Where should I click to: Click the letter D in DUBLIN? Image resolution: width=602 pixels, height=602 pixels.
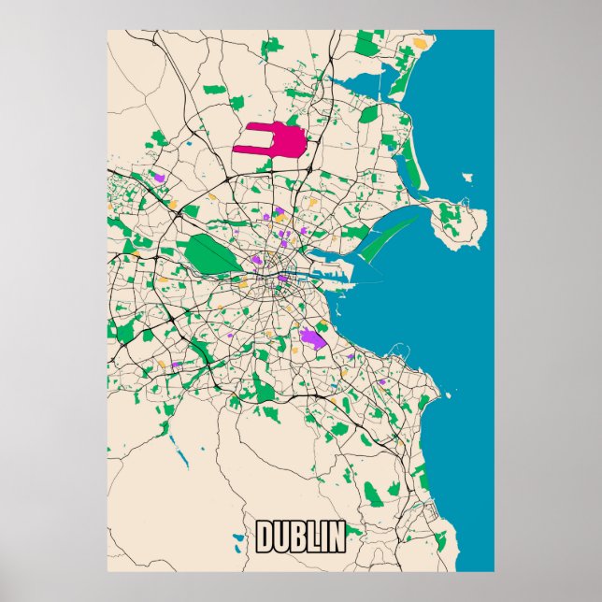(265, 537)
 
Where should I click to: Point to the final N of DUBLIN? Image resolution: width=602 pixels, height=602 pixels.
(335, 537)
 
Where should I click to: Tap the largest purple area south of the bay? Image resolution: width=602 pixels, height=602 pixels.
(312, 337)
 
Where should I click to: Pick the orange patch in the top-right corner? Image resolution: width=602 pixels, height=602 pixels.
(421, 43)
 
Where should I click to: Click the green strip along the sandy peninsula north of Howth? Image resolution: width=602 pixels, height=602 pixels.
(411, 150)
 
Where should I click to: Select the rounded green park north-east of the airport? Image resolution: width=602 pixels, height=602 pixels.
(370, 115)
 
